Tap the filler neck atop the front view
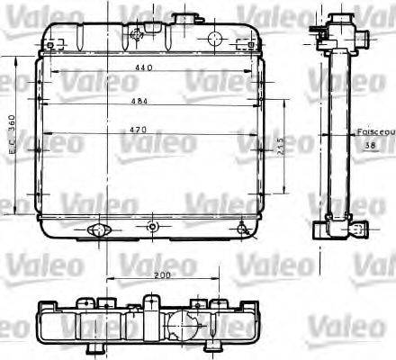[186, 19]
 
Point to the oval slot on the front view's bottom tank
[96, 230]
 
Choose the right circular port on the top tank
[216, 38]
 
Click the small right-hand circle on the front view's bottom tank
[243, 229]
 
